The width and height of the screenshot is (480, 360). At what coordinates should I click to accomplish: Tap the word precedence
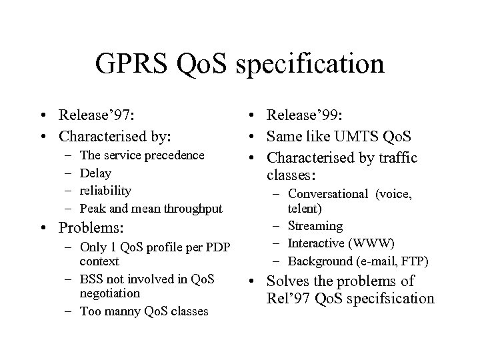(171, 155)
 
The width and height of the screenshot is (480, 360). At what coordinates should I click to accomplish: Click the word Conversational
(328, 194)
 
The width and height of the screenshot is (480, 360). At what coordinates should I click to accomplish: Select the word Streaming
(315, 226)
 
